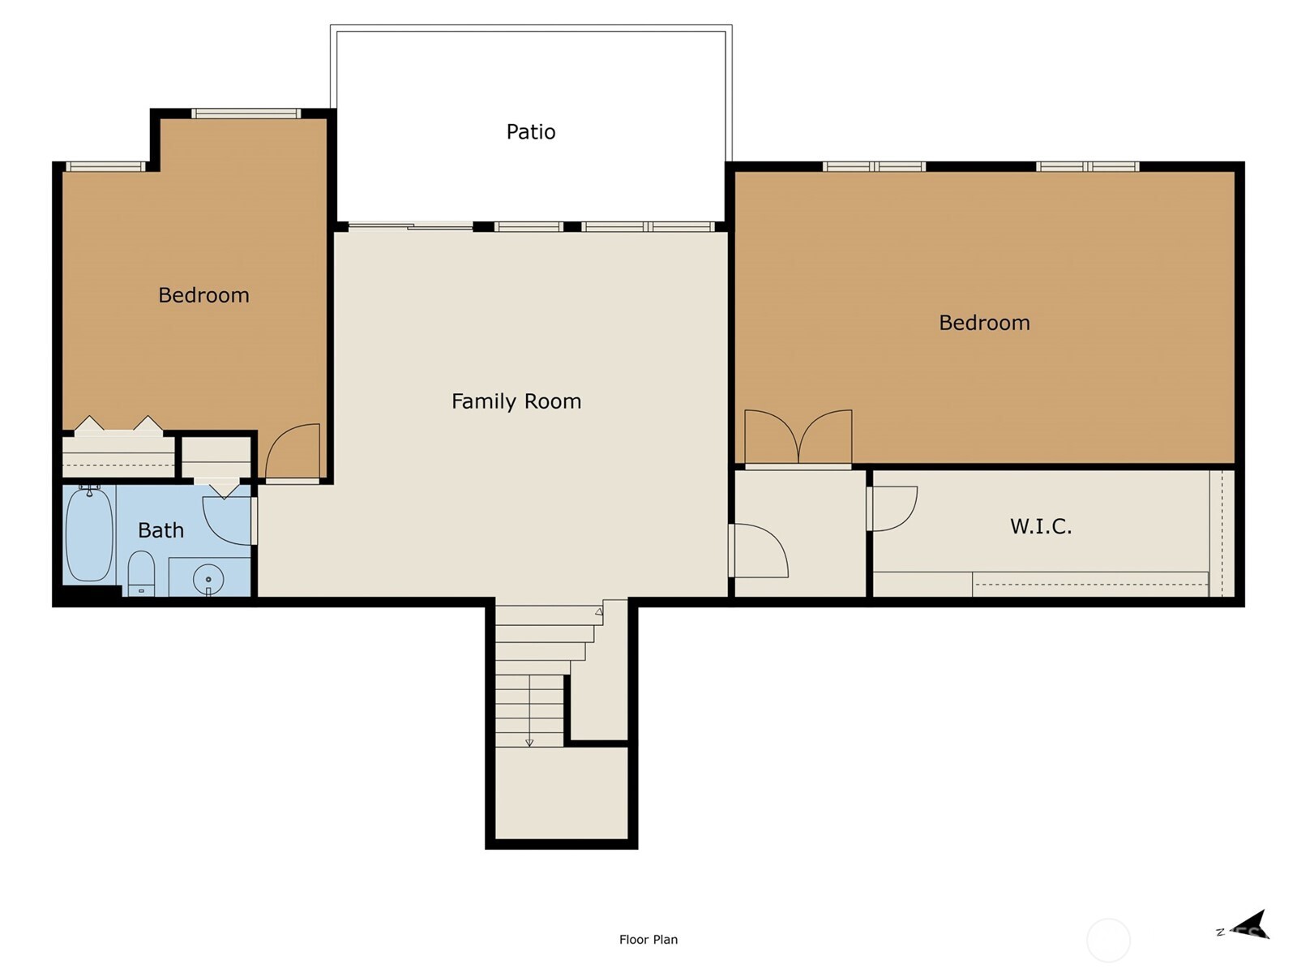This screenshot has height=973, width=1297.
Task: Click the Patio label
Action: tap(531, 131)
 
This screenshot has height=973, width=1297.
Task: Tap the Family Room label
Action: tap(516, 401)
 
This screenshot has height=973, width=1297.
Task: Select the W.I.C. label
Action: tap(1041, 526)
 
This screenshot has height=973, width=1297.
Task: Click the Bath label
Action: tap(161, 530)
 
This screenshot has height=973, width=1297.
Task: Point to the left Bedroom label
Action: tap(203, 295)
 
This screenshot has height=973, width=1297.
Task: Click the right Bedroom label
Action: tap(984, 323)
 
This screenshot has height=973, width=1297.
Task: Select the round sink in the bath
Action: tap(208, 579)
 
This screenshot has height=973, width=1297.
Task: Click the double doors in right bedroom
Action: tap(798, 438)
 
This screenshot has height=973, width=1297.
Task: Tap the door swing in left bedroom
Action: tap(293, 452)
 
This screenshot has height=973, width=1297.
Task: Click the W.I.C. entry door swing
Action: tap(893, 508)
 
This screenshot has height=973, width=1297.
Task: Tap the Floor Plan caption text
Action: tap(648, 940)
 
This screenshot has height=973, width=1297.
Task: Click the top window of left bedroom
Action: tap(246, 114)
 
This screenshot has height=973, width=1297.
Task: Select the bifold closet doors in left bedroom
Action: tap(118, 425)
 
